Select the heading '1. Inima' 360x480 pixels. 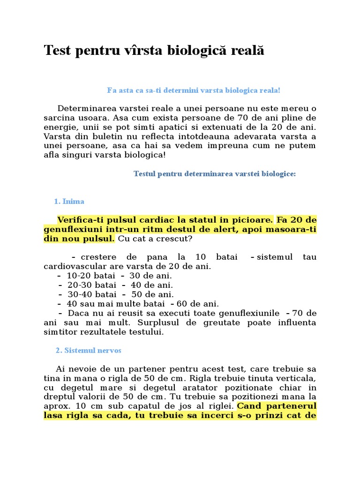click(69, 202)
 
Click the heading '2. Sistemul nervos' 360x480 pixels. click(89, 350)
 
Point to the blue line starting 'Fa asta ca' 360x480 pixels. click(194, 90)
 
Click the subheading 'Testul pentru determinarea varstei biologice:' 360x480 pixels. click(215, 174)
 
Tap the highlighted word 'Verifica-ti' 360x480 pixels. click(78, 220)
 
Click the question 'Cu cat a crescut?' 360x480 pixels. click(155, 239)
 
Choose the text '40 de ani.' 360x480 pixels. click(152, 285)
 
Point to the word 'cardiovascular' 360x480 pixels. click(71, 266)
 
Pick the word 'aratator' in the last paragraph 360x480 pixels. click(205, 387)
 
